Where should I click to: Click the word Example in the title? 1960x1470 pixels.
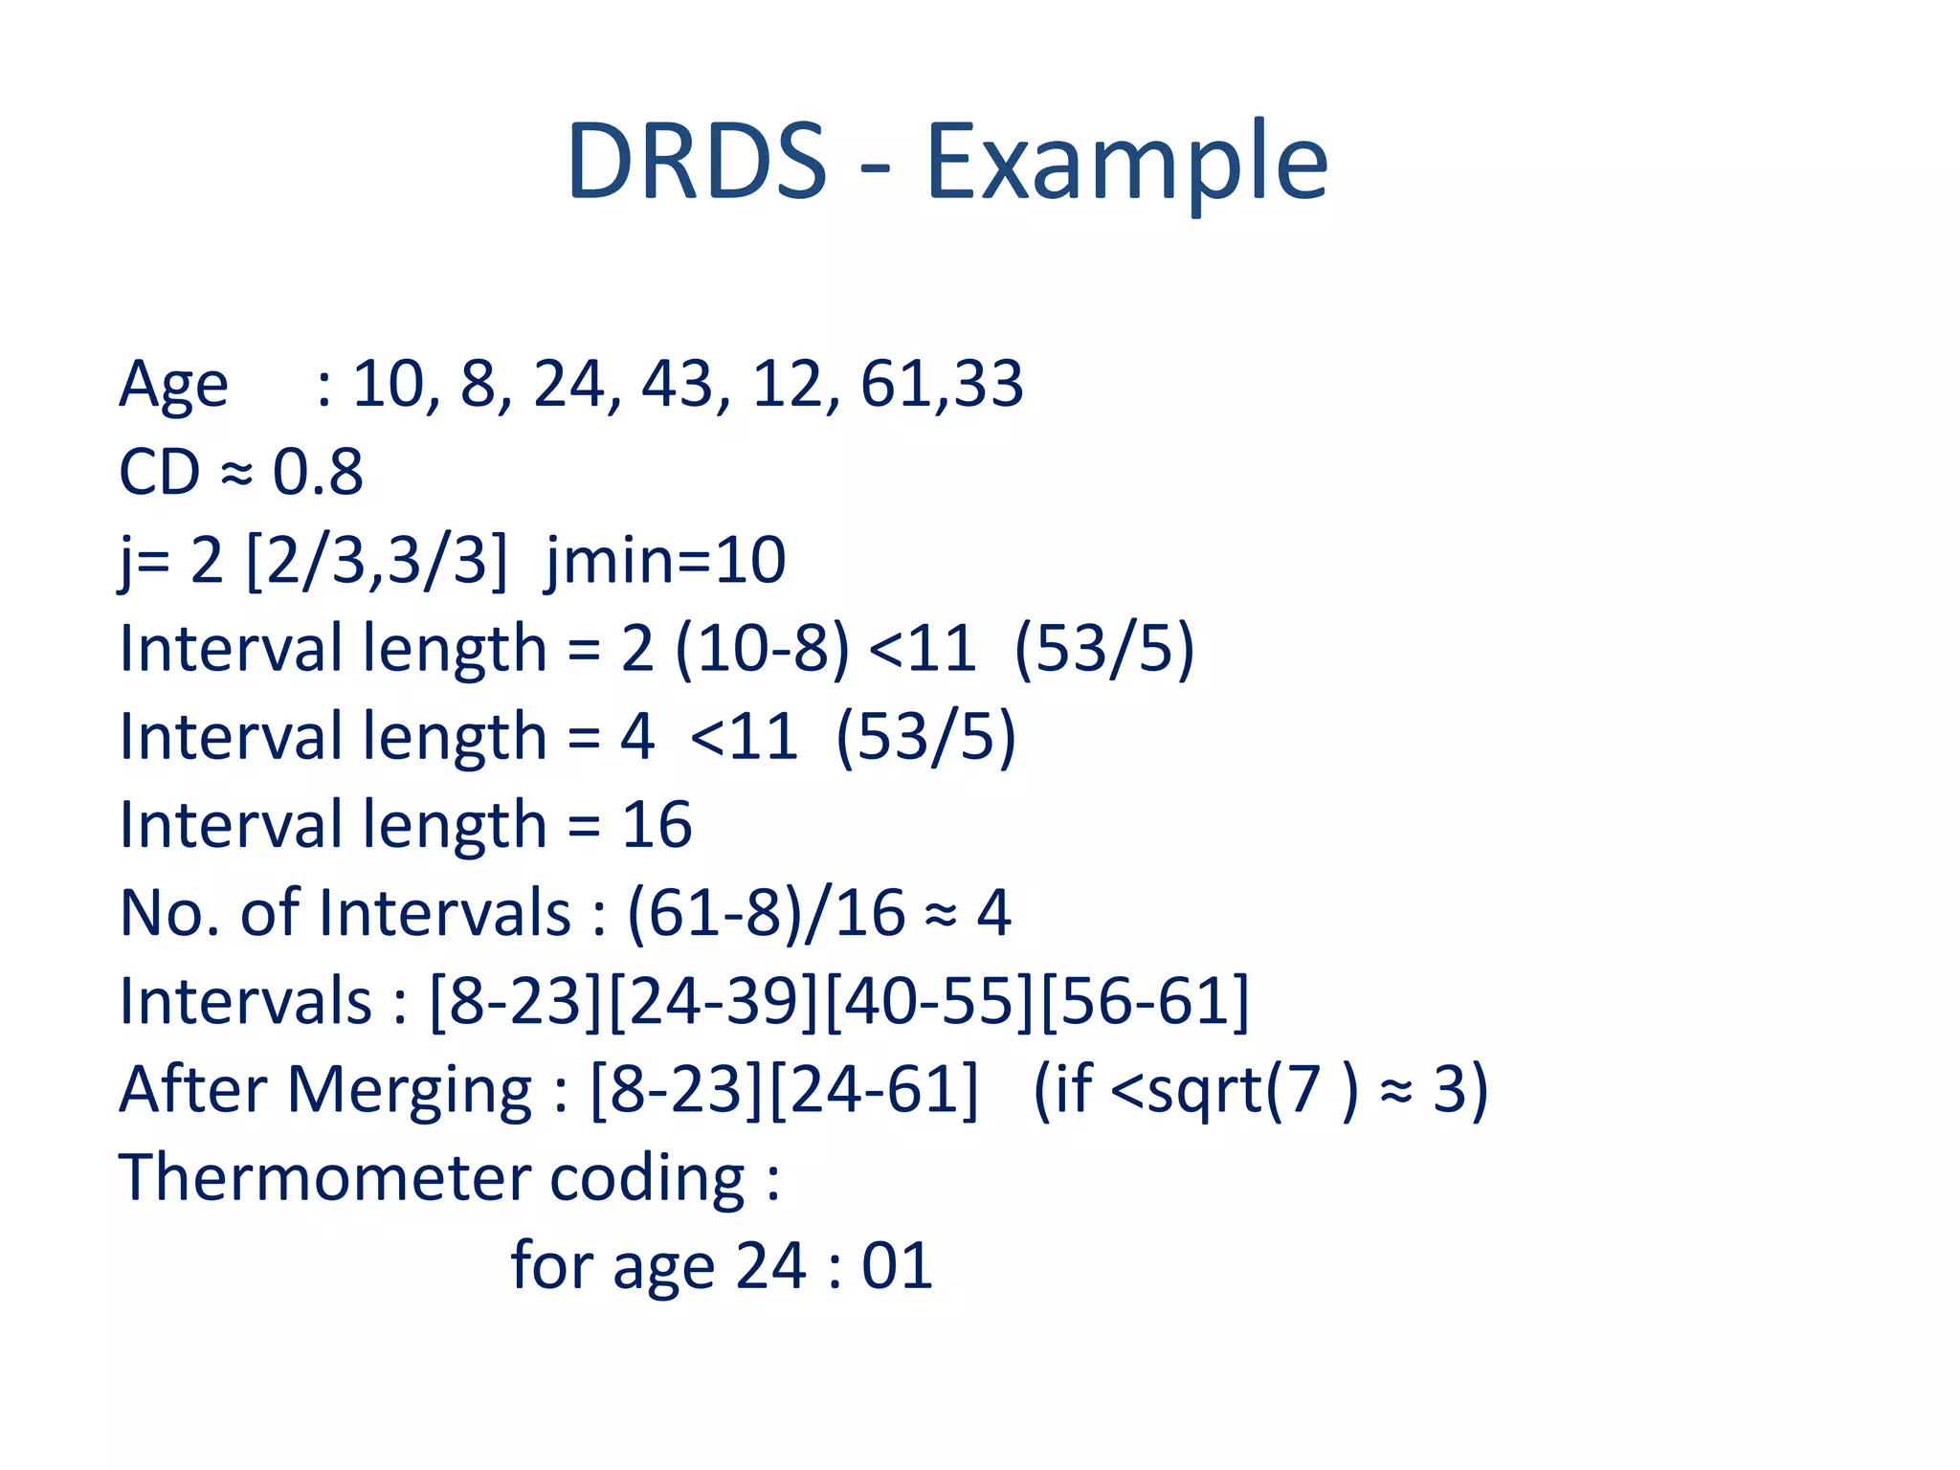[x=1126, y=163]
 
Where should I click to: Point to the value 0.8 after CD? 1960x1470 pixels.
[x=318, y=472]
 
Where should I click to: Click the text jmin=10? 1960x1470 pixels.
[x=666, y=561]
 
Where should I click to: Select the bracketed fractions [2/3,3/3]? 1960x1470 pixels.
[x=376, y=561]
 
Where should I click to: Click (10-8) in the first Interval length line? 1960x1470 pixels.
[x=762, y=649]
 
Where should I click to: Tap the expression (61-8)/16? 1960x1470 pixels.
[x=766, y=913]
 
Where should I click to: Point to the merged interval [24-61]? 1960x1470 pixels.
[x=874, y=1090]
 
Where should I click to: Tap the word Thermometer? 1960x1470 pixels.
[x=322, y=1177]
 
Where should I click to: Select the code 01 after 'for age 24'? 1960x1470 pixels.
[x=897, y=1266]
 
